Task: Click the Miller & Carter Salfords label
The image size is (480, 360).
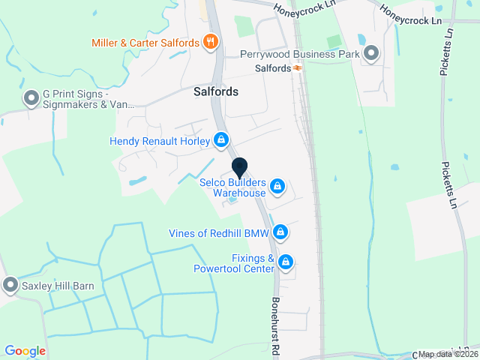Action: point(145,43)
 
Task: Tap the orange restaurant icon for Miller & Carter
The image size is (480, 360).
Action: point(211,43)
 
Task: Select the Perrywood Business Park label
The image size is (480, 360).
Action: point(300,54)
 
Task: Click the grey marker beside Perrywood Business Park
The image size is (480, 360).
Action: point(371,53)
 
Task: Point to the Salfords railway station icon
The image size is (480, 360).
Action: point(298,68)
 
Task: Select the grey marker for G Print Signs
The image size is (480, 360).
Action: point(31,98)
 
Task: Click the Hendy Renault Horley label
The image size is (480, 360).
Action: point(160,140)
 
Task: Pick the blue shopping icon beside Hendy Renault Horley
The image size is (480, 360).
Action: point(221,140)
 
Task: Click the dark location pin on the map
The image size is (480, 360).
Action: point(239,168)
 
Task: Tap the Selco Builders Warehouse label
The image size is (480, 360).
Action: point(232,187)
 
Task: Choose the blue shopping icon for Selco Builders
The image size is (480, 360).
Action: point(277,185)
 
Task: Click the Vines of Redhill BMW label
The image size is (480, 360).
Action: point(218,232)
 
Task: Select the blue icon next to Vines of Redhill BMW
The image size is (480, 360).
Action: point(280,232)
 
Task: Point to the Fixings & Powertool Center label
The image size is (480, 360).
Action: point(234,263)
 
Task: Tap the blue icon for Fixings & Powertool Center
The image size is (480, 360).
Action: point(285,262)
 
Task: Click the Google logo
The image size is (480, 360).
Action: point(25,351)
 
